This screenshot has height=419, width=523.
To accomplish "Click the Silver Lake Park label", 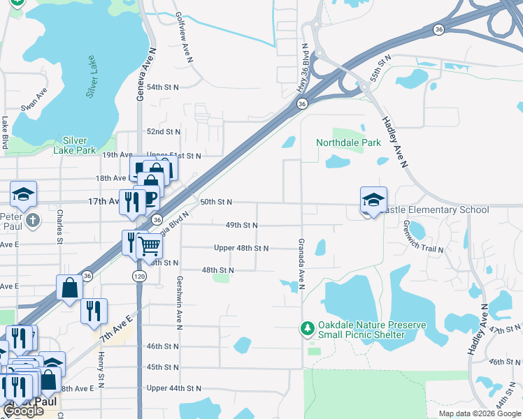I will point(74,145).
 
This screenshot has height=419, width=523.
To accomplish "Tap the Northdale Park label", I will point(348,142).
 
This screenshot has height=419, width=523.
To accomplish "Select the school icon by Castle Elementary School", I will point(373,200).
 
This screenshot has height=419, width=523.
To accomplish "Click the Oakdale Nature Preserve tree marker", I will point(306,328).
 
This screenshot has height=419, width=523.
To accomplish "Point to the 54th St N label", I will point(163,87).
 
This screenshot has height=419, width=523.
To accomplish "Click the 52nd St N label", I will point(163,131).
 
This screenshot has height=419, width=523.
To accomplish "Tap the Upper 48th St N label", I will point(241,248).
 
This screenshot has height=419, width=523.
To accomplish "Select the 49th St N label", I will point(241,226).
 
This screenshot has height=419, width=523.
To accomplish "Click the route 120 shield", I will point(140,277).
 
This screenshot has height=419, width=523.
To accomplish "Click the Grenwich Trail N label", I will point(424,238).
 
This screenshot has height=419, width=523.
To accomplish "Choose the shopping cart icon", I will point(149,245).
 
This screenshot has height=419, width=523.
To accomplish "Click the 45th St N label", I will point(163,367).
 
